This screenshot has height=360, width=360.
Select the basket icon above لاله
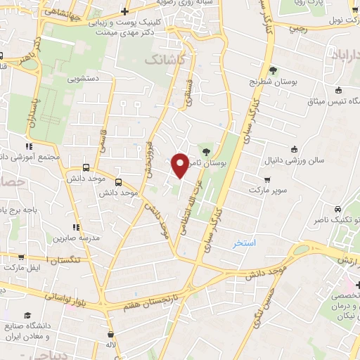[x=110, y=335]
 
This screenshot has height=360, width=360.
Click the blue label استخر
[x=245, y=243]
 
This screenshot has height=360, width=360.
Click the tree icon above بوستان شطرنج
[x=272, y=70]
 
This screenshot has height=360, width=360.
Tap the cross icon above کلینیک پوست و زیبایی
[x=124, y=11]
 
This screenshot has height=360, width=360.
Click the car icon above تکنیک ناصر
[x=337, y=210]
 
